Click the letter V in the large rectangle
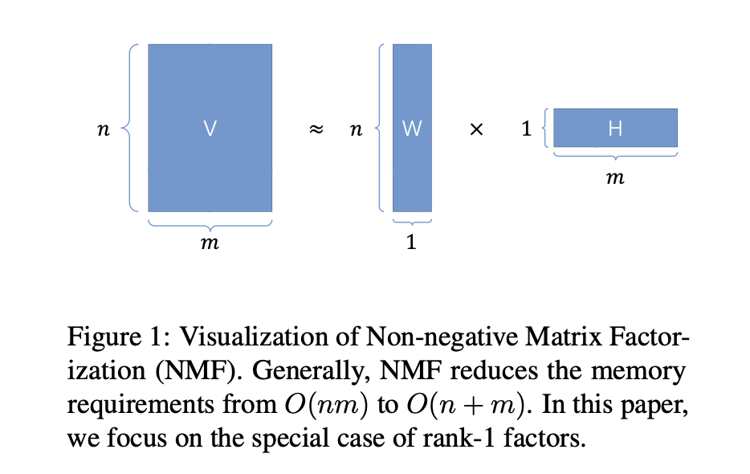[x=210, y=128]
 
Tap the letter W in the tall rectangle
[x=411, y=128]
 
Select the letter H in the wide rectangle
[x=615, y=128]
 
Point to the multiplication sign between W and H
[x=475, y=129]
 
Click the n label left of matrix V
[x=102, y=129]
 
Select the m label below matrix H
[x=615, y=178]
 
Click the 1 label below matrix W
[x=411, y=242]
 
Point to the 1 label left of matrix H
[x=527, y=129]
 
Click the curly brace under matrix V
[x=210, y=222]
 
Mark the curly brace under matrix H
[x=615, y=155]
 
